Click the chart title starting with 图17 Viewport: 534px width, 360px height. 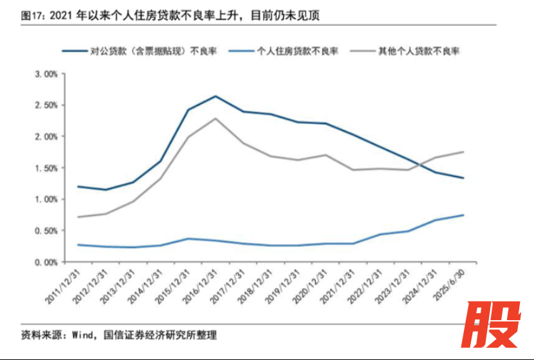click(x=170, y=15)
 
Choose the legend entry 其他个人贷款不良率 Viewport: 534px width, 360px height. click(x=418, y=51)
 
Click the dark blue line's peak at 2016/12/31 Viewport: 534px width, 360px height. click(x=215, y=96)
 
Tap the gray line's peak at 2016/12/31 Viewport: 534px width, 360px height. click(x=215, y=118)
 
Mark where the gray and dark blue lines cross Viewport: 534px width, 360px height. click(x=419, y=163)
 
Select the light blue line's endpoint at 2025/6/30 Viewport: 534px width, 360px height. click(x=463, y=215)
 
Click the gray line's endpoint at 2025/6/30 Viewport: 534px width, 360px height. click(x=463, y=152)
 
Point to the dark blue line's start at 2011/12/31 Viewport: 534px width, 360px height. click(x=78, y=186)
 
